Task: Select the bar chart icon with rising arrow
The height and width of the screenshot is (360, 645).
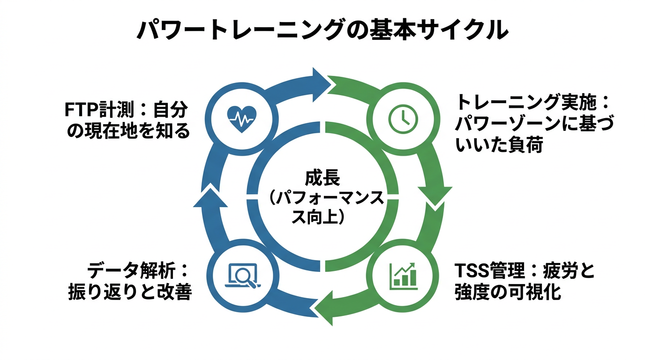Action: click(403, 275)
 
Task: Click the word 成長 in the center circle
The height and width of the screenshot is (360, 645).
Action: click(322, 179)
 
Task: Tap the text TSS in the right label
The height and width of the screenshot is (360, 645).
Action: click(471, 271)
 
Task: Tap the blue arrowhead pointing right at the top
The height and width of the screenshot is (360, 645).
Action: click(320, 82)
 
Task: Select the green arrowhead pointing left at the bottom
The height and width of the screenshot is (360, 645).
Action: click(324, 309)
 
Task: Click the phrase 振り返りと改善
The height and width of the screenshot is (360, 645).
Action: click(129, 292)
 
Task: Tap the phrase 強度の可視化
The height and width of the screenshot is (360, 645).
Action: click(507, 292)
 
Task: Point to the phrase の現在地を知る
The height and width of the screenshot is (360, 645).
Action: click(129, 132)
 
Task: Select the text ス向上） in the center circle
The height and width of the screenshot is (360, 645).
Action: click(322, 217)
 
